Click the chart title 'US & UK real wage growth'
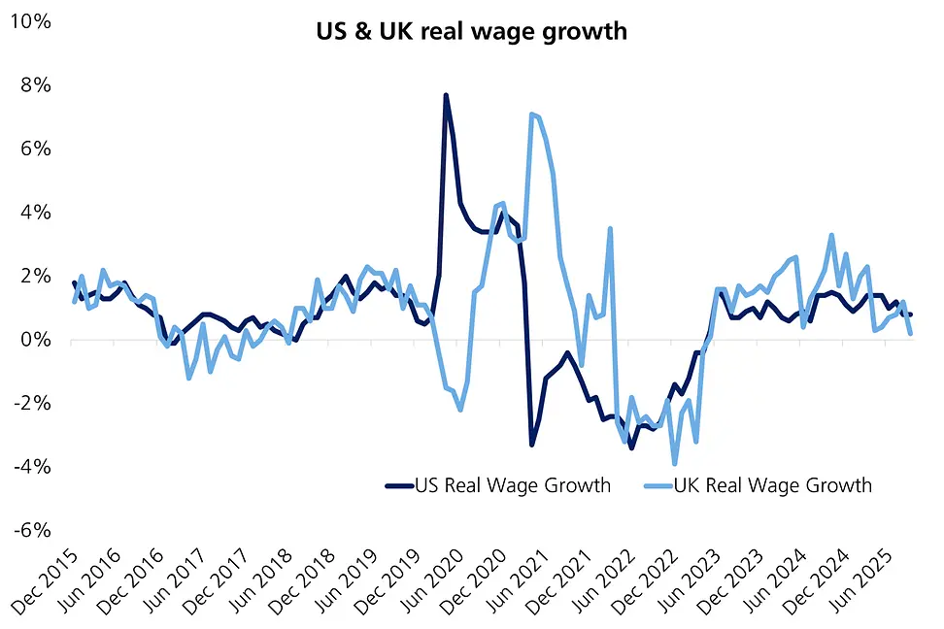tap(471, 31)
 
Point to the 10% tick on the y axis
tap(34, 21)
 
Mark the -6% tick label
tap(35, 530)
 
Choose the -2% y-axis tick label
tap(35, 403)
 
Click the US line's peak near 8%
tap(446, 95)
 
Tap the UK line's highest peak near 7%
tap(532, 115)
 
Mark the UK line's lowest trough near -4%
tap(675, 463)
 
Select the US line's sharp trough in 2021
tap(532, 445)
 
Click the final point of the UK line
tap(910, 333)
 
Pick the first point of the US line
tap(74, 283)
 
